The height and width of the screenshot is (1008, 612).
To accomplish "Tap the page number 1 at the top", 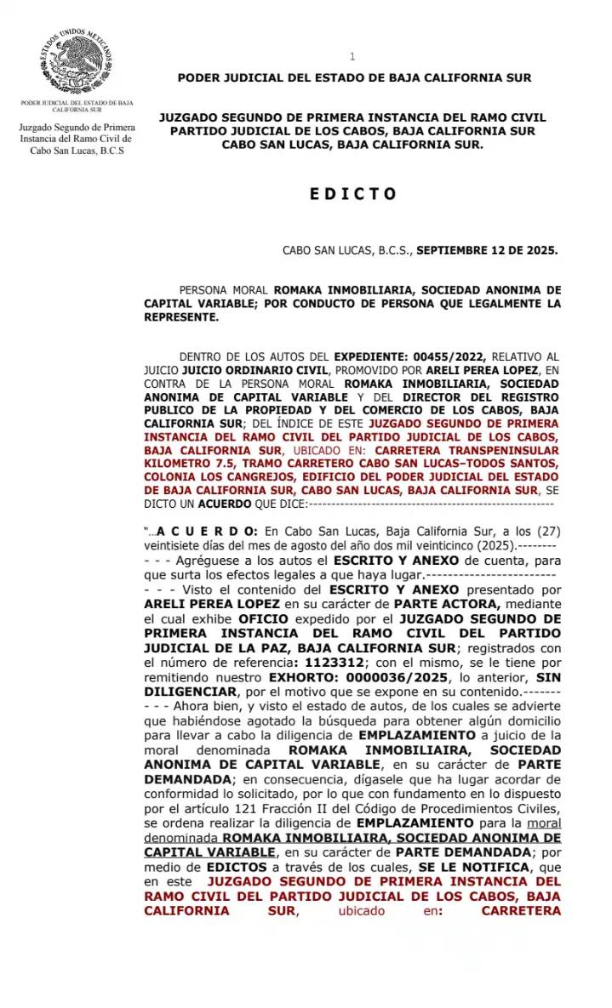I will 352,56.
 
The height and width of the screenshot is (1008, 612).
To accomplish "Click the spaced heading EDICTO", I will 353,194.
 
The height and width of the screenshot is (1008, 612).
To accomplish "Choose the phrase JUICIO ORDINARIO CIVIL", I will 249,371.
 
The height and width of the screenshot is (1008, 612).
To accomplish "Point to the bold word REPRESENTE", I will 181,317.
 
